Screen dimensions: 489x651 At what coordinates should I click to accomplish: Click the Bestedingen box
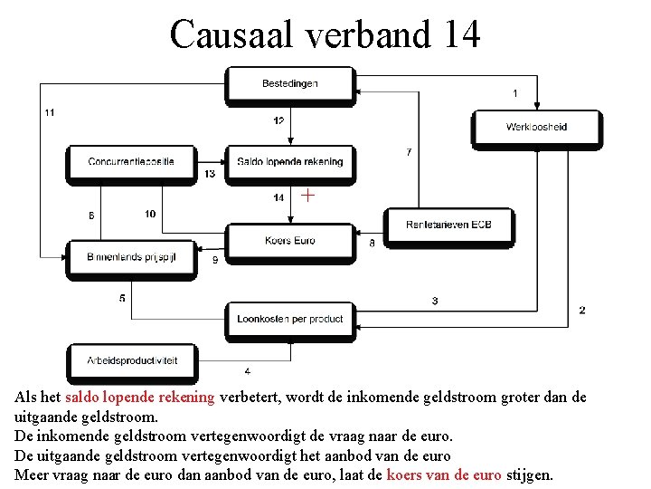click(289, 84)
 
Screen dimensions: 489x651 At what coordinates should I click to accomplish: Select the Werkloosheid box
click(536, 128)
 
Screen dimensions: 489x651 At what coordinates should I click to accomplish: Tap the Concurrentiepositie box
click(131, 162)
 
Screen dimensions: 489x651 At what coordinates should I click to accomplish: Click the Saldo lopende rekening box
click(289, 162)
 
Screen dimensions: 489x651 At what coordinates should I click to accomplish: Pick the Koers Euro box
click(289, 241)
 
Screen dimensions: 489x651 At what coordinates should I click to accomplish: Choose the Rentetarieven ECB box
click(448, 224)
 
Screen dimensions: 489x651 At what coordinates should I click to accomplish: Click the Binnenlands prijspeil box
click(131, 257)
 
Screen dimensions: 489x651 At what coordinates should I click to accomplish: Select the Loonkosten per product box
click(289, 319)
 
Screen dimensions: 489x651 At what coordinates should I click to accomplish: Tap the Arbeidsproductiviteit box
click(131, 360)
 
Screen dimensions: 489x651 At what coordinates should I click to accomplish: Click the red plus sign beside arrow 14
click(308, 194)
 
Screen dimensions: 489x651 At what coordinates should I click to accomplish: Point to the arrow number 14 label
click(278, 197)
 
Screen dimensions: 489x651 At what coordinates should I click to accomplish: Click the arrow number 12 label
click(278, 121)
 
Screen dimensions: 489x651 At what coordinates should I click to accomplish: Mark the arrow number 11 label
click(49, 112)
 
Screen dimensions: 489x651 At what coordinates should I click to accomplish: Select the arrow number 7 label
click(409, 151)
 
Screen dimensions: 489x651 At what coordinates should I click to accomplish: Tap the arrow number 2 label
click(581, 310)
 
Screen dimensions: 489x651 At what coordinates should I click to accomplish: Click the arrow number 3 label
click(435, 301)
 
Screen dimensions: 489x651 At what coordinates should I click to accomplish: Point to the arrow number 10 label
click(149, 214)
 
